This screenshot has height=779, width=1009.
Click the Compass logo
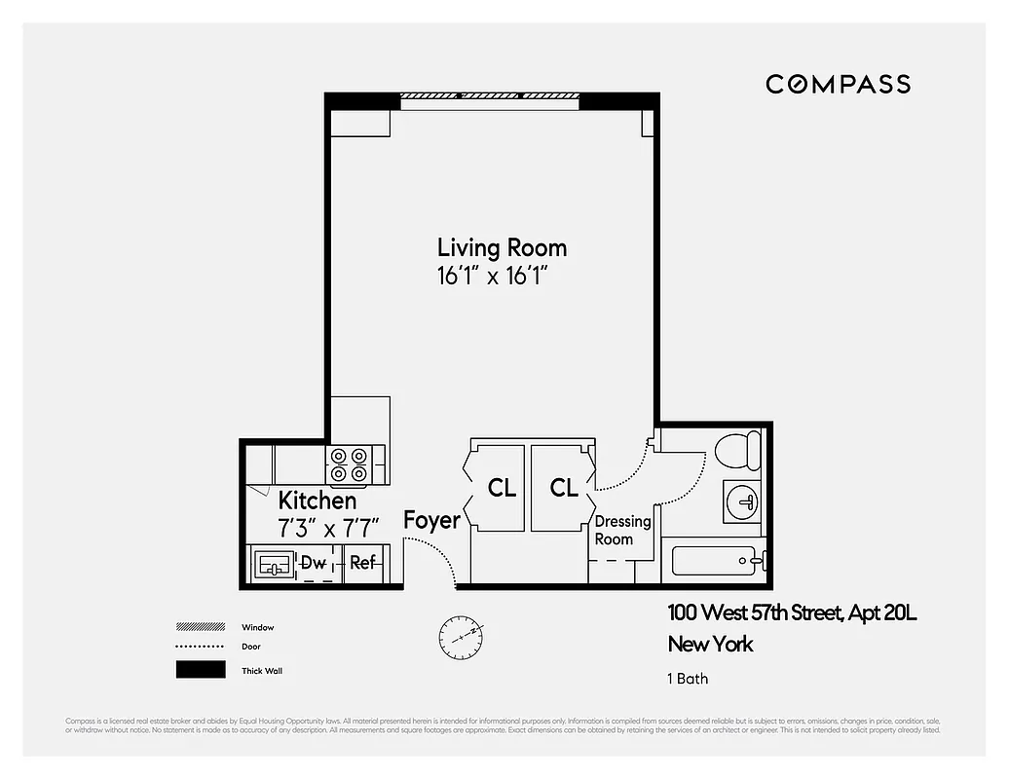pos(838,84)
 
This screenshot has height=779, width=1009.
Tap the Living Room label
pos(502,247)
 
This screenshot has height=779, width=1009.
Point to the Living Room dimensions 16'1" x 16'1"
pos(502,276)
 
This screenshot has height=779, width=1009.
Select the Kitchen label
pos(318,501)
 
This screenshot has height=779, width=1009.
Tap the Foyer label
pos(431,520)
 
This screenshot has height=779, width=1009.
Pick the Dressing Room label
pos(622,531)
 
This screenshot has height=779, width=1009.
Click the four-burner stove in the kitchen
pos(350,464)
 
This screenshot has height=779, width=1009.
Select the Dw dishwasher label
pos(313,563)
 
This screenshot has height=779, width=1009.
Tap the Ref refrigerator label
pos(362,563)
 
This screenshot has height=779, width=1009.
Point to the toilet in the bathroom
pos(737,452)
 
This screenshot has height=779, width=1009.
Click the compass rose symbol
pos(460,635)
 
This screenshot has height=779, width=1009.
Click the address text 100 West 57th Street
pos(749,613)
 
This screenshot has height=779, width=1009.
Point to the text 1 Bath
pos(688,679)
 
